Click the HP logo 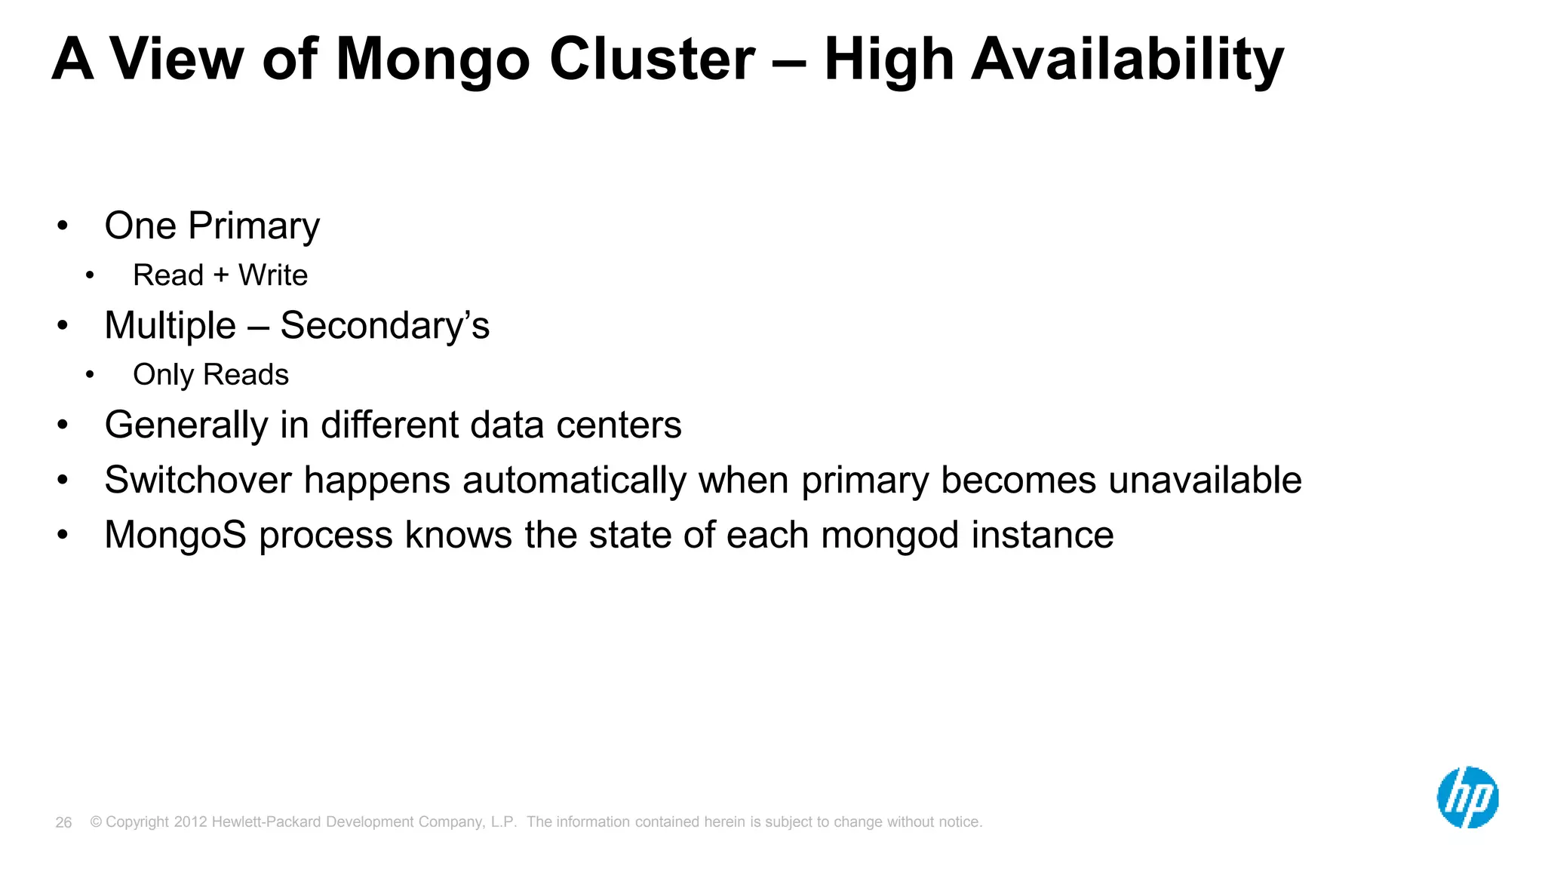[1467, 797]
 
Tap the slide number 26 [63, 822]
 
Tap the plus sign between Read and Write [221, 275]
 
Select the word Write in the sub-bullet [273, 275]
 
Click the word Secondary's [385, 326]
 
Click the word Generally [186, 425]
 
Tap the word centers [619, 425]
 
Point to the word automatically [574, 481]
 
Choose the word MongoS [175, 535]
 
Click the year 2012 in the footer [190, 822]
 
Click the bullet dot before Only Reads [90, 375]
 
